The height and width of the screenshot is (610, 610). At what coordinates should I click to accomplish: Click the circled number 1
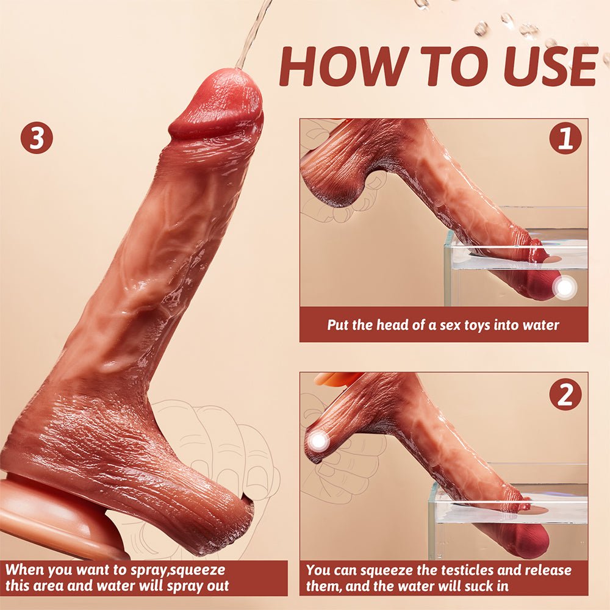click(565, 138)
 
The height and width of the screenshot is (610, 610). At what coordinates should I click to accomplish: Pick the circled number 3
click(37, 138)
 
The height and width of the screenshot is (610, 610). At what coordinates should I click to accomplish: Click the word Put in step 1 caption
click(338, 325)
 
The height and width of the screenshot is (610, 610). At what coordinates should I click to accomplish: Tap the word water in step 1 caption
click(539, 325)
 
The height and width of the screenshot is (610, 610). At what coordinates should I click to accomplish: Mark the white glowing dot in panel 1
click(565, 287)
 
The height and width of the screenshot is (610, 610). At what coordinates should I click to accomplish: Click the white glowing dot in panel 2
click(317, 441)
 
